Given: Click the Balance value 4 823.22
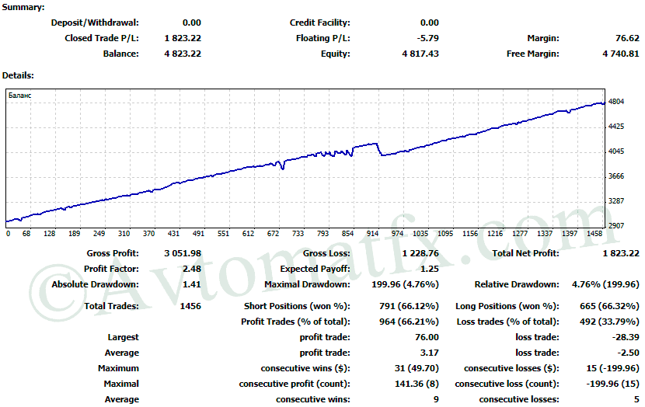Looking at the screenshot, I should click(183, 54).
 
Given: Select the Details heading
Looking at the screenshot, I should click(18, 75).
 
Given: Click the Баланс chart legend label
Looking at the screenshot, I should click(20, 95).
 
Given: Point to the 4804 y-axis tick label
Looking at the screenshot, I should click(617, 102).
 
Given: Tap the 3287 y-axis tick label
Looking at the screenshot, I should click(617, 201).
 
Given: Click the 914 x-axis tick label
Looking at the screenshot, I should click(373, 233).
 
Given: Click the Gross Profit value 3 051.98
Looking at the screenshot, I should click(183, 253).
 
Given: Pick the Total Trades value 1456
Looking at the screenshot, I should click(190, 306).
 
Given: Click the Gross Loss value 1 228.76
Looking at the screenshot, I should click(420, 253).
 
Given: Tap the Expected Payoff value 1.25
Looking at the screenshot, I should click(429, 269).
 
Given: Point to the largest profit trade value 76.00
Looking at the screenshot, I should click(427, 337).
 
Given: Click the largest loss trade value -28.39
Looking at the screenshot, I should click(625, 337).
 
